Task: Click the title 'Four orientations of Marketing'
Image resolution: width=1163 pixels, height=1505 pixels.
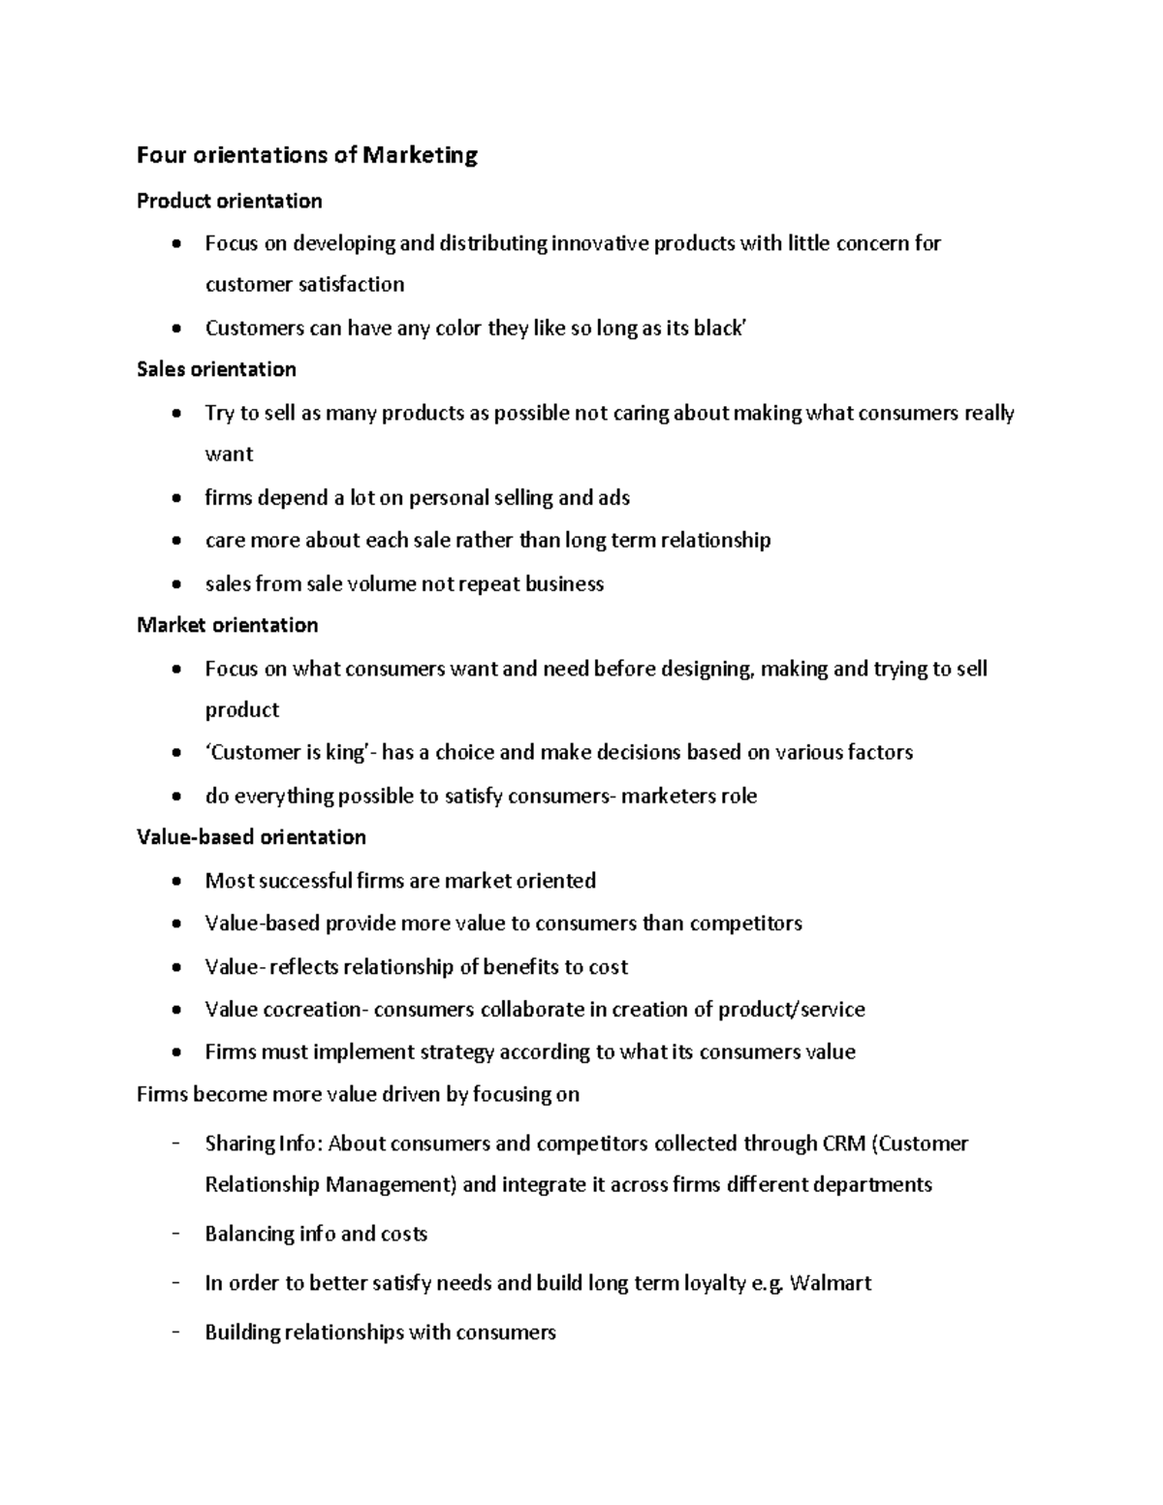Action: (x=307, y=155)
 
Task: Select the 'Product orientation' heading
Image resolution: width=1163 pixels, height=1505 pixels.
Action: (x=230, y=201)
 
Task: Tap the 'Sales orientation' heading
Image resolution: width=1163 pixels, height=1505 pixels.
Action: (x=216, y=369)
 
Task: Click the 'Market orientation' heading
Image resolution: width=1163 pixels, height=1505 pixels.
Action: (x=228, y=625)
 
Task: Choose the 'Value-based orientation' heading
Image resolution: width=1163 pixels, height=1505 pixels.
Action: (x=251, y=836)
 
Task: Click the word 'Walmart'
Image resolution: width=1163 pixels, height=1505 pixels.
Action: (x=831, y=1283)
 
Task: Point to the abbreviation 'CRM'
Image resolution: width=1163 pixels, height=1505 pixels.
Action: (x=844, y=1144)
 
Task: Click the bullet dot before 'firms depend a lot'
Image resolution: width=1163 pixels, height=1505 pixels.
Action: (x=174, y=499)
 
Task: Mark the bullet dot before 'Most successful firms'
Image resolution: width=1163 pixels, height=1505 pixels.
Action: (x=174, y=882)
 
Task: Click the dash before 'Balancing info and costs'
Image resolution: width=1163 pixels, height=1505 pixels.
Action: (x=175, y=1233)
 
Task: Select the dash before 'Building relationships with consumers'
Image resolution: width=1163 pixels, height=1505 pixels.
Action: (x=175, y=1332)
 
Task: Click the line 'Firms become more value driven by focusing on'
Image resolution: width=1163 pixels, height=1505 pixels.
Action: (x=358, y=1094)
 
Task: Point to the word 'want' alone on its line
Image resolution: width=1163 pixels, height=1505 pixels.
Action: (x=229, y=455)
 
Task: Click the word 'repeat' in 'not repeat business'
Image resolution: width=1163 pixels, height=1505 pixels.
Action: (x=483, y=583)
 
